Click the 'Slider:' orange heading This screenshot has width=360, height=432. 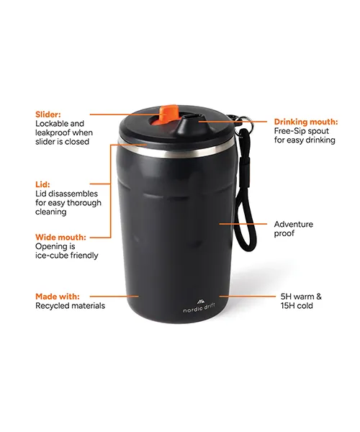coord(48,114)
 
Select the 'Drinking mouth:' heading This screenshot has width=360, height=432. coord(306,122)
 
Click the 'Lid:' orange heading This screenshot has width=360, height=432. coord(42,184)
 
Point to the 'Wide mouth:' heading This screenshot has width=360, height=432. coord(60,237)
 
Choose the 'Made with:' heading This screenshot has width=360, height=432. coord(58,297)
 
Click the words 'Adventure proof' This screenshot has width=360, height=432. coord(293,229)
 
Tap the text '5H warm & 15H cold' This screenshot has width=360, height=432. coord(301,301)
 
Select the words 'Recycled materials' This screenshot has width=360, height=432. coord(71,305)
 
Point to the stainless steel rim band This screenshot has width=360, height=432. coord(176,149)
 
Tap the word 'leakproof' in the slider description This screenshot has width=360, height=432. coord(51,132)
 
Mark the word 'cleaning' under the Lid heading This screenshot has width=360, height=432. coord(51,212)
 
